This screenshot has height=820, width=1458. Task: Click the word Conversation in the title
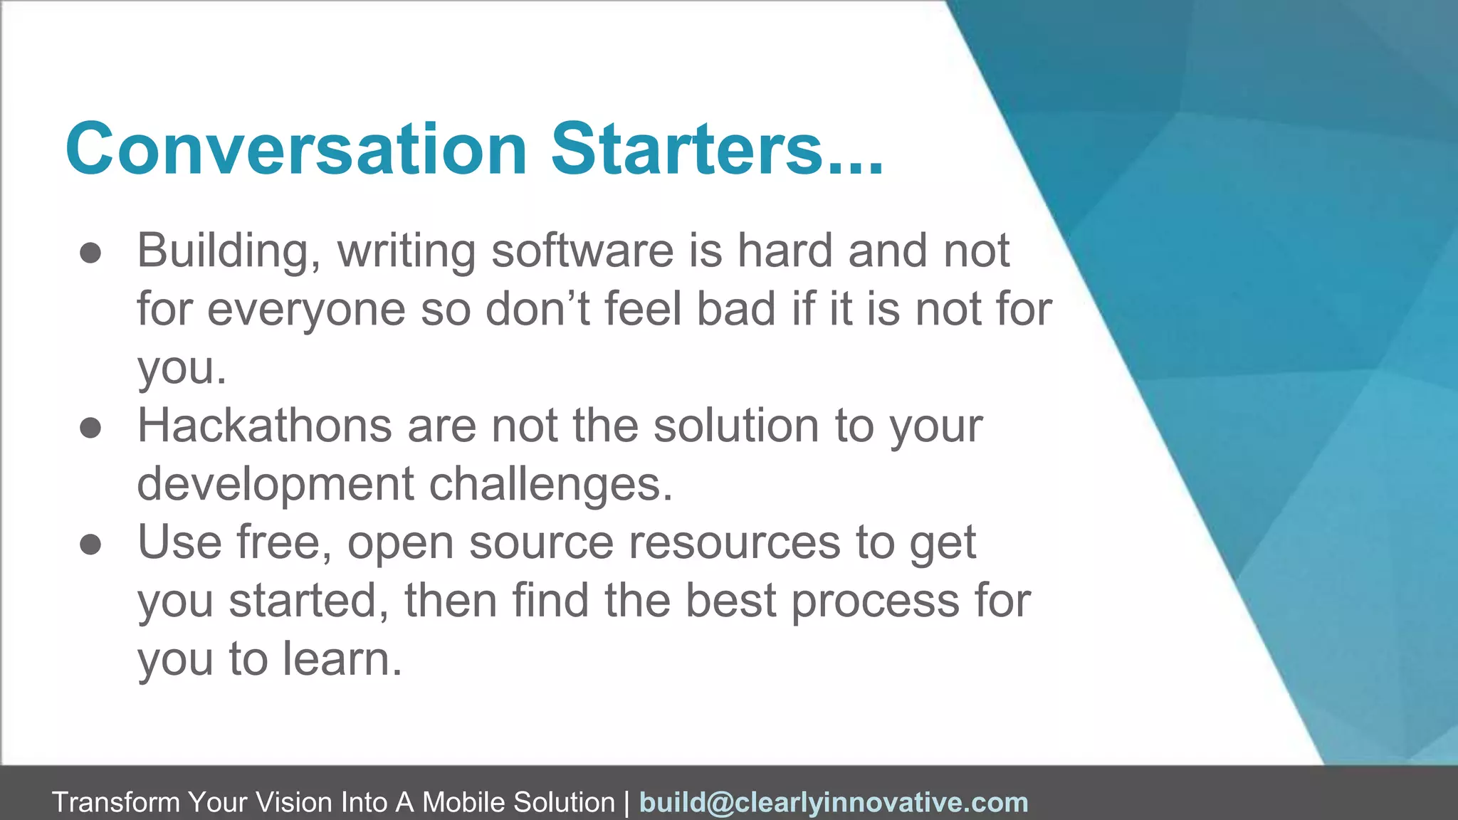tap(295, 149)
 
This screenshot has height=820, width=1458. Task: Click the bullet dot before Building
tap(90, 253)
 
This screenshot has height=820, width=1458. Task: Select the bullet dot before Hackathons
tap(90, 429)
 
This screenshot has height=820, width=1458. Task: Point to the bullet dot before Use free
tap(90, 545)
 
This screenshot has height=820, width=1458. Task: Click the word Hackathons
tap(264, 426)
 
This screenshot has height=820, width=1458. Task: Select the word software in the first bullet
tap(582, 251)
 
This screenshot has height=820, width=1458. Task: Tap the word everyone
tap(306, 310)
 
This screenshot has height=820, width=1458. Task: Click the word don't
tap(537, 309)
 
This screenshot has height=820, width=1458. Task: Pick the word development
tap(275, 484)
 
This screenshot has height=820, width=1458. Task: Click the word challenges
tap(550, 485)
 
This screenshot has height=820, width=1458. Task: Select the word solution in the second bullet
tap(735, 426)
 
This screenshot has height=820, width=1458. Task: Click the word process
tap(875, 602)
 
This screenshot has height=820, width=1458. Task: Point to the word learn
tap(342, 659)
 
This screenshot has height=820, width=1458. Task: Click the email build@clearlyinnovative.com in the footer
tap(834, 802)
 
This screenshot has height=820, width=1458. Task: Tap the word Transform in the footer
tap(115, 802)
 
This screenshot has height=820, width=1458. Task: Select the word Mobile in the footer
tap(464, 802)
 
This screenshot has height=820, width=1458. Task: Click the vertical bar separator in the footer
tap(626, 802)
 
